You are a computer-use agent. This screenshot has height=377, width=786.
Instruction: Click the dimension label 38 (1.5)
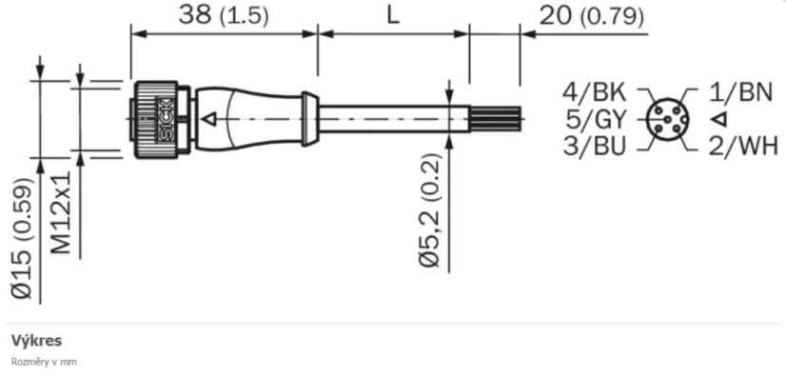224,16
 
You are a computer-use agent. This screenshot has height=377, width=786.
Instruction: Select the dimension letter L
393,16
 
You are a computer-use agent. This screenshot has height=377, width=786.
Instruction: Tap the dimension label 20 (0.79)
590,16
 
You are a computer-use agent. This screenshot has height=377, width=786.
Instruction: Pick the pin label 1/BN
742,92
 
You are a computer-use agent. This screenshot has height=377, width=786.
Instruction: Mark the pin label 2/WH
744,146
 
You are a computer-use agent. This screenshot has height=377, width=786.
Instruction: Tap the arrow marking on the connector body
211,119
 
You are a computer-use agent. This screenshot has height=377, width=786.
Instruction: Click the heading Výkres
36,340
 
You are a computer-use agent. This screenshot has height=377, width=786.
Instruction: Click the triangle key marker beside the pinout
719,119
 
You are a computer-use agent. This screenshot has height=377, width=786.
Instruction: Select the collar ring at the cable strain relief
308,119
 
